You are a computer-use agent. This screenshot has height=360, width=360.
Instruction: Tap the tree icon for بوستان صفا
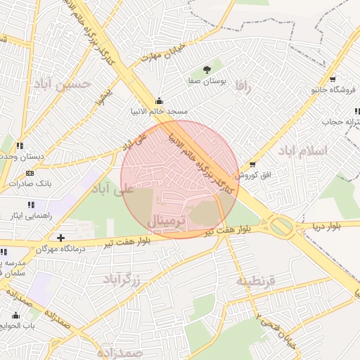(207, 70)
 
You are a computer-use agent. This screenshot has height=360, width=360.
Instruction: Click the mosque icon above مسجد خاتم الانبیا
(159, 101)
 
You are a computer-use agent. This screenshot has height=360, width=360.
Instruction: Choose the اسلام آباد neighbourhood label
(302, 150)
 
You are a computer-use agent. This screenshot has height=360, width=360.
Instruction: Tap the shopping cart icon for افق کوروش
(252, 164)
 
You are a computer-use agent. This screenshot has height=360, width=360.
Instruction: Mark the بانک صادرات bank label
(26, 184)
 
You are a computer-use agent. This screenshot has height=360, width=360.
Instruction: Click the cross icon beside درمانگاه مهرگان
(61, 238)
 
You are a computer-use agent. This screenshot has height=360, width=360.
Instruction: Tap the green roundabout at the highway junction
(282, 226)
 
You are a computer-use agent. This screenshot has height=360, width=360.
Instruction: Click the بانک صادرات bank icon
(29, 173)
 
